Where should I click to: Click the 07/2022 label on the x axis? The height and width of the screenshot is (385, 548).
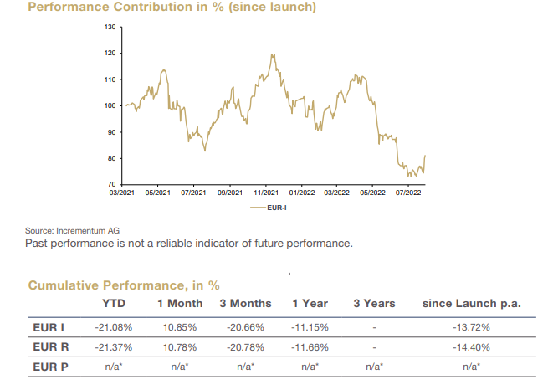[x=407, y=192]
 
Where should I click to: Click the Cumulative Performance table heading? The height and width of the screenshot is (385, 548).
[x=124, y=285]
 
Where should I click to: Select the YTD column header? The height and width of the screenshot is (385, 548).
[x=114, y=303]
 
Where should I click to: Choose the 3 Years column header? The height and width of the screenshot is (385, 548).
[x=374, y=303]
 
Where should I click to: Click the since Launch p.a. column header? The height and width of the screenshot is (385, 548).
[x=473, y=303]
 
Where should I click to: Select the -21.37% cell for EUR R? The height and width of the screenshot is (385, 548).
[x=114, y=346]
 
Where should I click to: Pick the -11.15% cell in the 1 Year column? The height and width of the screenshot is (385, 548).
[x=309, y=326]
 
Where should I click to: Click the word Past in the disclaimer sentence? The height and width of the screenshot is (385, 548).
[x=39, y=244]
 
